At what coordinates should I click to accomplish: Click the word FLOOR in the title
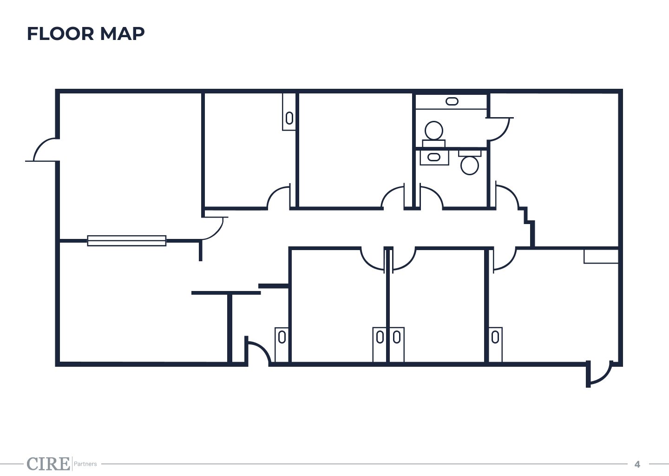[x=60, y=34]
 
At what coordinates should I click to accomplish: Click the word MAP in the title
[x=122, y=34]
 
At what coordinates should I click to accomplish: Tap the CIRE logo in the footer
[x=48, y=463]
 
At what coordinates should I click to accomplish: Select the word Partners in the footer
[x=85, y=464]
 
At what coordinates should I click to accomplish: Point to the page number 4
[x=637, y=464]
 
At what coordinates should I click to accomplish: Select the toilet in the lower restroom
[x=470, y=162]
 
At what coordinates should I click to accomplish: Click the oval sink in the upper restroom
[x=452, y=101]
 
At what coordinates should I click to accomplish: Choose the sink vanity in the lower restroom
[x=434, y=158]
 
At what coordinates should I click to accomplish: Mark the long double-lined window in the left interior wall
[x=127, y=240]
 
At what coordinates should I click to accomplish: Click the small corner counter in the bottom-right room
[x=601, y=257]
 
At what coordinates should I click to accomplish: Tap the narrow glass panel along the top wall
[x=289, y=112]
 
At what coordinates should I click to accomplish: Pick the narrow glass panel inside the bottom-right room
[x=495, y=344]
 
